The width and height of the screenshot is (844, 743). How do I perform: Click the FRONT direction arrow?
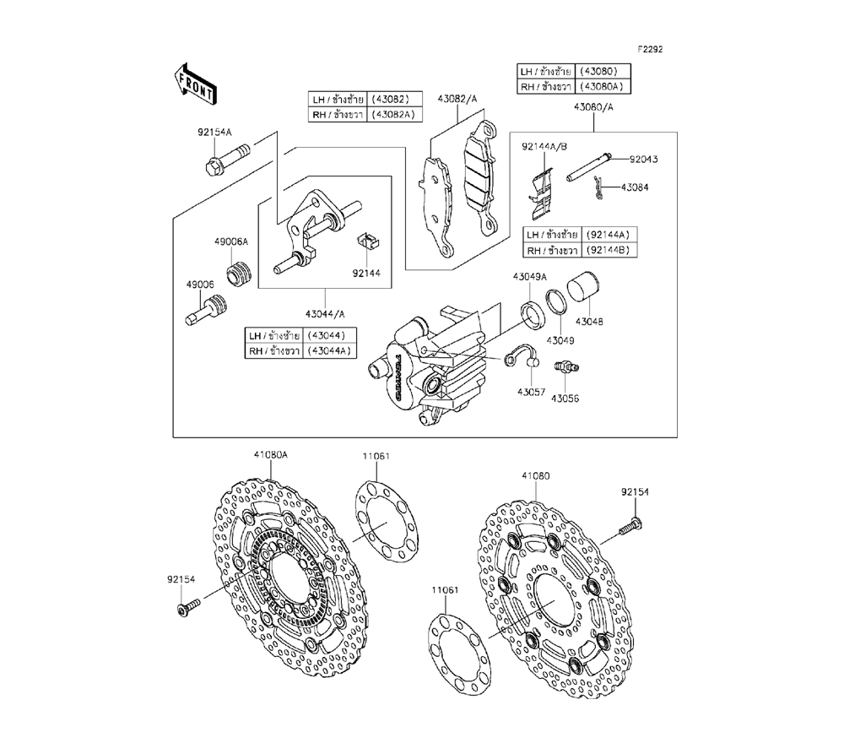coord(194,83)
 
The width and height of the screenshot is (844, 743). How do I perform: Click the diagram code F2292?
coord(650,49)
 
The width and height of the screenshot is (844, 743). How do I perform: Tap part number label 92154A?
coord(214,133)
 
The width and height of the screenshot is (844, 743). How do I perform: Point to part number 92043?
coord(643,158)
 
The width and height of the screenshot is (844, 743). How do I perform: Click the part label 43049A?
coord(530,277)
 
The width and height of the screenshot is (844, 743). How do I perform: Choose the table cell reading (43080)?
coord(603,70)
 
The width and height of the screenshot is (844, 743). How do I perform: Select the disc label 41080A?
coord(271,454)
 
